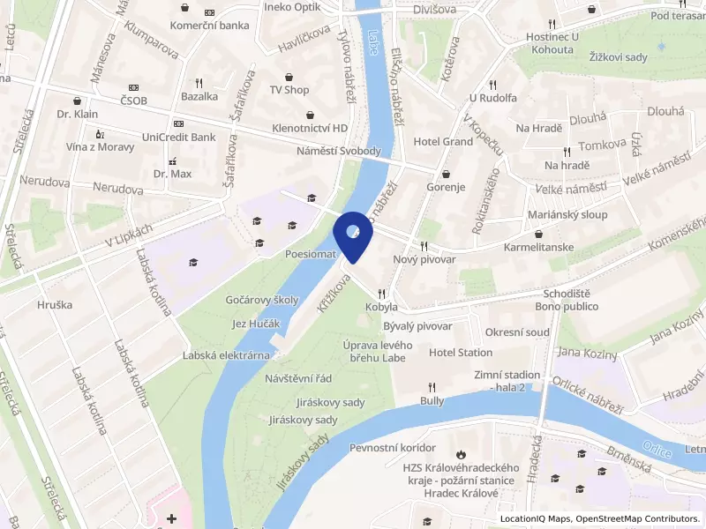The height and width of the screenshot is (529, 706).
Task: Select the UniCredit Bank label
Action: click(x=179, y=138)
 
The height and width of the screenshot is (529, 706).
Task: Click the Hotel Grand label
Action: click(x=443, y=141)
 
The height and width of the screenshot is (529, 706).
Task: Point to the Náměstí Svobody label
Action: click(x=338, y=152)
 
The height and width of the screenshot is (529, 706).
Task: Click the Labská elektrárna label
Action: click(x=226, y=355)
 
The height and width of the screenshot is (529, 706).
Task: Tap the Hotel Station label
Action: click(x=461, y=353)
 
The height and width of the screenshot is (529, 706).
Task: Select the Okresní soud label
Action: click(x=518, y=332)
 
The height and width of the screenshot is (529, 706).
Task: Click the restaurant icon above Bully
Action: click(x=432, y=386)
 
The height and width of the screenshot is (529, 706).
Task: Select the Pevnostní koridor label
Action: click(x=393, y=448)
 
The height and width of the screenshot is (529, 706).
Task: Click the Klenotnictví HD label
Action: click(x=310, y=128)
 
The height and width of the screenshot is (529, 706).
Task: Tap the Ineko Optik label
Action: click(x=291, y=8)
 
